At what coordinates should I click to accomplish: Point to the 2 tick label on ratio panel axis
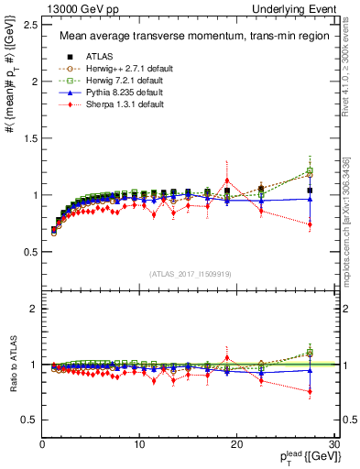[33, 309]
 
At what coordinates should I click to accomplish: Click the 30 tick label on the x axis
[334, 445]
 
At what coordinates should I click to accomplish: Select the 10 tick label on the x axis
[139, 445]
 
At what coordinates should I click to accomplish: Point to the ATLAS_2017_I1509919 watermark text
[190, 273]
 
